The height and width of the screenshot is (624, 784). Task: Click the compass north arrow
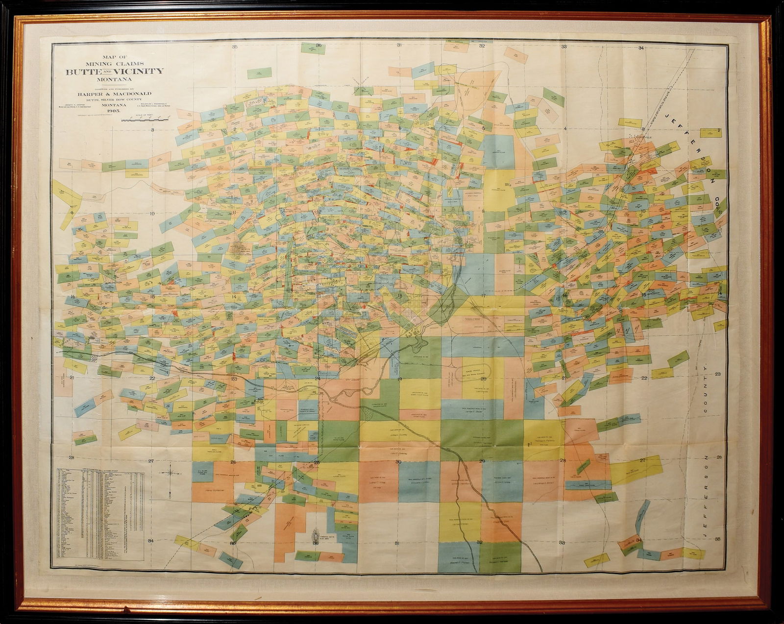tap(171, 473)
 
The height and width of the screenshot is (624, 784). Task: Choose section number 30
tap(398, 461)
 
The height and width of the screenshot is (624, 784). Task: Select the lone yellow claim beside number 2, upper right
tap(707, 133)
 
